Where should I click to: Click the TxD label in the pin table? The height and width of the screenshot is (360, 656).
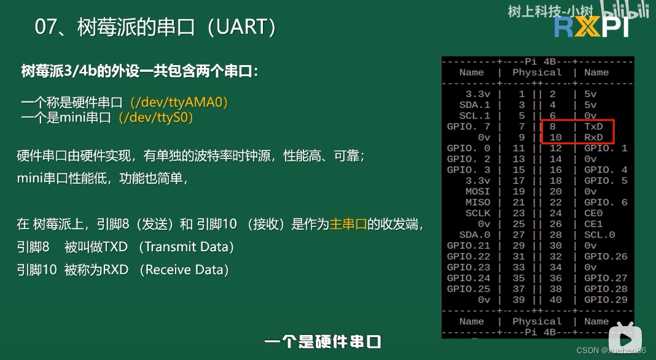[593, 127]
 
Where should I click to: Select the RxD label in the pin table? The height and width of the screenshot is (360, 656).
[593, 138]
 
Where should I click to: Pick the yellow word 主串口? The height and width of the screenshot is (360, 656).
[348, 224]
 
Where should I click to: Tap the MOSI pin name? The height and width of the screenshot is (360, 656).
[478, 192]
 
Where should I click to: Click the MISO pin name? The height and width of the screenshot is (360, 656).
[478, 202]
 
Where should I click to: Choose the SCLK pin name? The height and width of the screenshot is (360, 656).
[478, 213]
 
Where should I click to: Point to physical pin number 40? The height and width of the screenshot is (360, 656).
[555, 300]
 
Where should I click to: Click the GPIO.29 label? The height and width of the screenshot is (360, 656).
[606, 300]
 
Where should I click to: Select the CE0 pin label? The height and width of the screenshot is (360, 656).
[593, 213]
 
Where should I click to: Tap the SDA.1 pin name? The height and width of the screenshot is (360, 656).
[475, 105]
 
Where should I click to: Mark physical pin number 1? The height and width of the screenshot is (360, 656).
[521, 94]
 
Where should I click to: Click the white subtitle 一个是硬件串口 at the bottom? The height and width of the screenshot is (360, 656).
[323, 342]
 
